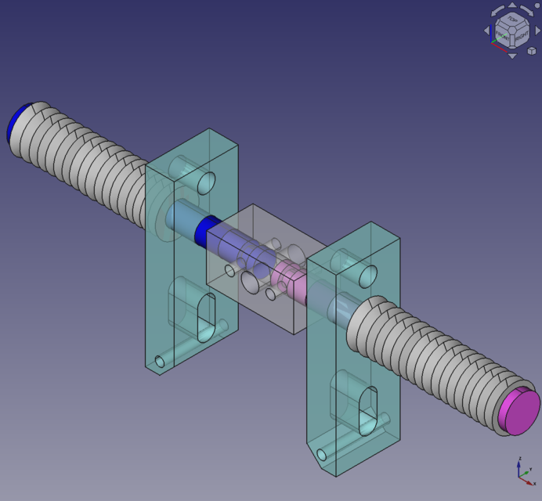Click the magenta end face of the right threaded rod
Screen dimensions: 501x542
point(519,412)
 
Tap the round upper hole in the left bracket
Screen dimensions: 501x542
point(208,183)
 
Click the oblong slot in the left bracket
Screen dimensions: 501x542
point(208,317)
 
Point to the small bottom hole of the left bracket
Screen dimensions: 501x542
point(161,361)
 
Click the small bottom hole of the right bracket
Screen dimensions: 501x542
point(321,455)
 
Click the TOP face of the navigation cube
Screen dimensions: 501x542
point(512,19)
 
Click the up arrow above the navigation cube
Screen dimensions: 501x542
point(512,5)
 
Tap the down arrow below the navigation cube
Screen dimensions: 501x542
point(512,56)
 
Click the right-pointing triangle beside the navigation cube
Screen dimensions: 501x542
point(537,31)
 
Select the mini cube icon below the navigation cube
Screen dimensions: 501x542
point(532,50)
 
